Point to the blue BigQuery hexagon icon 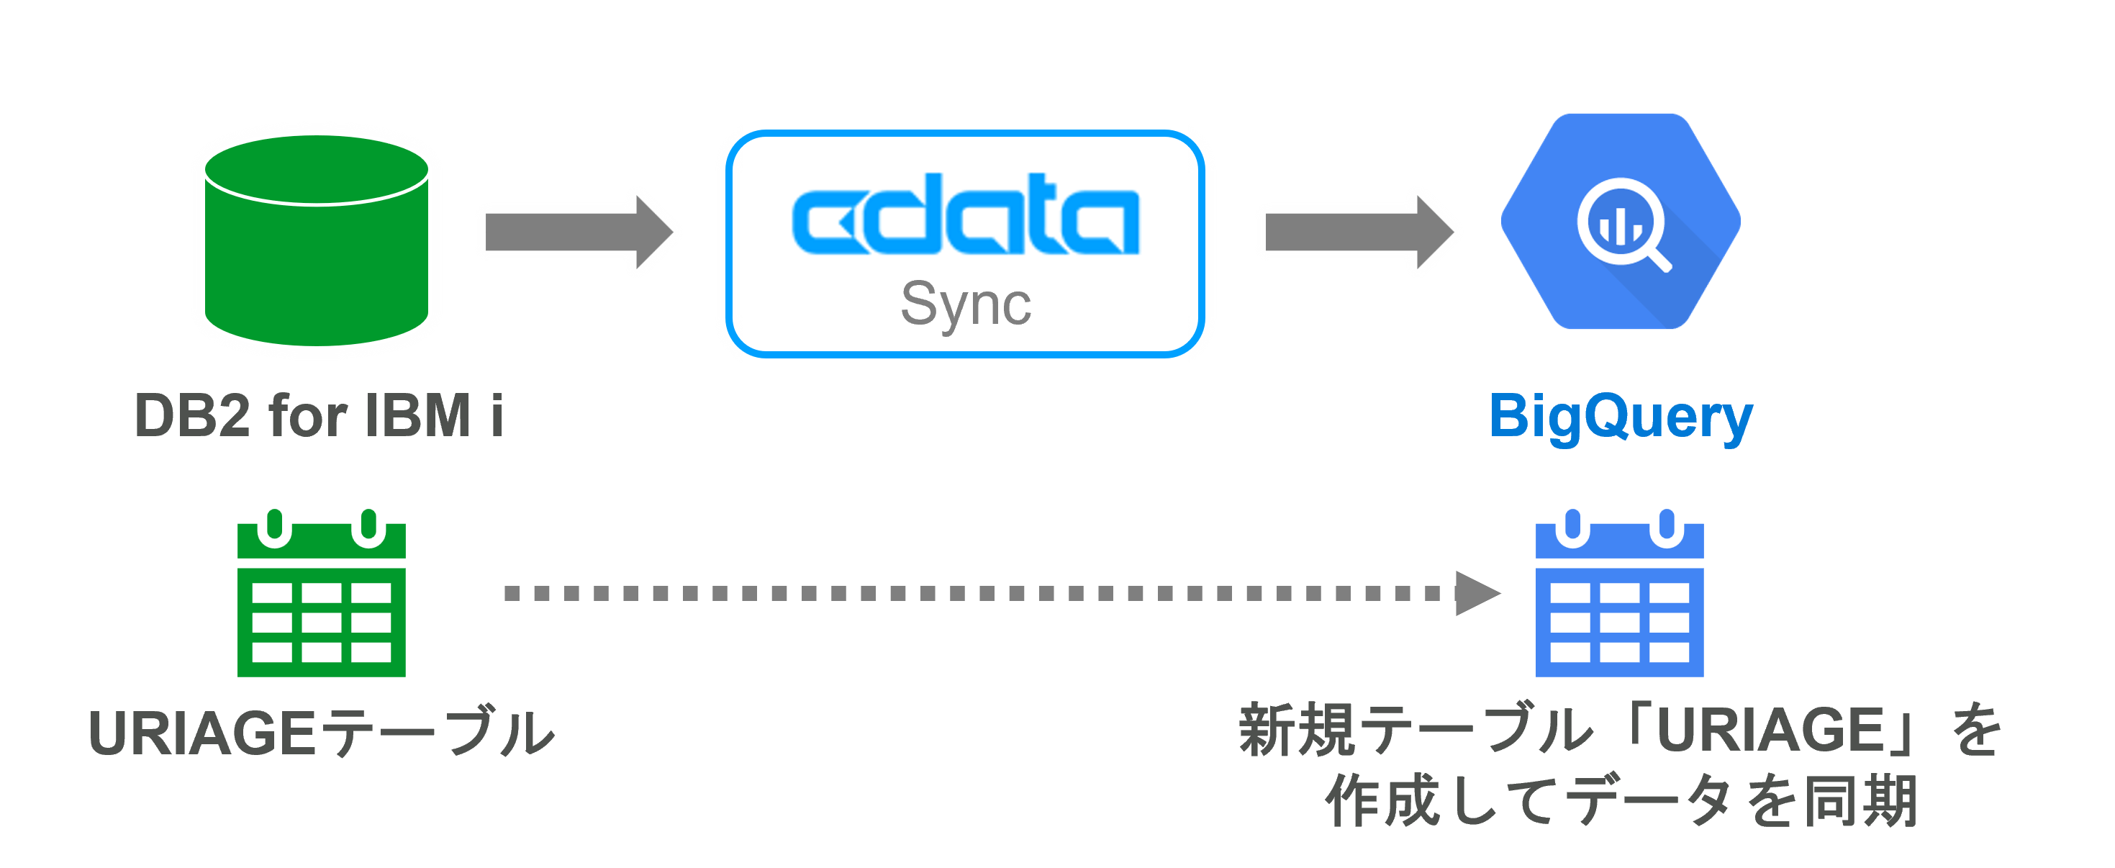(1620, 222)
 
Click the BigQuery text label (1621, 417)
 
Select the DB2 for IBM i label (319, 415)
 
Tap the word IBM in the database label (418, 415)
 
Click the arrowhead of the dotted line (1475, 593)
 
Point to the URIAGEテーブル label (321, 733)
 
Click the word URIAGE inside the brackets (1770, 731)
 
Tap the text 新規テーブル (1416, 731)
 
